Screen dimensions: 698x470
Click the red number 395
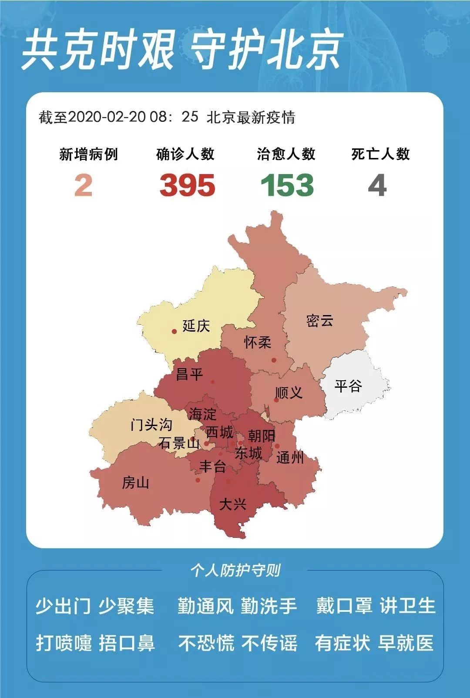(x=187, y=185)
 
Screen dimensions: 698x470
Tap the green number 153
(x=287, y=185)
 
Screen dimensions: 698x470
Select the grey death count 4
(x=377, y=185)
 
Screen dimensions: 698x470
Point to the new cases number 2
(x=83, y=185)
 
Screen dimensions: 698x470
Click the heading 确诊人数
(x=185, y=154)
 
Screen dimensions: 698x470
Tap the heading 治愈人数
(x=286, y=154)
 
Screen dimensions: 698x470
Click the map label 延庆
(x=196, y=326)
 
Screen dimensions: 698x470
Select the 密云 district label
(x=320, y=321)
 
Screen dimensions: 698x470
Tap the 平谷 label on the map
(x=348, y=386)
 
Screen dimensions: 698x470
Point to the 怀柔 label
(x=258, y=342)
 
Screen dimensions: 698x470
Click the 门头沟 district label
(x=151, y=424)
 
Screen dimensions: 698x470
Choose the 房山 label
(x=135, y=483)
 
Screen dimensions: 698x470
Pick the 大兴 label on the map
(x=233, y=504)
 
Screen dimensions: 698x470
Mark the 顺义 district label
(x=289, y=393)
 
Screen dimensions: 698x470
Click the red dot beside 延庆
(x=174, y=332)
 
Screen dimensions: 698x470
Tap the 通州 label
(x=290, y=457)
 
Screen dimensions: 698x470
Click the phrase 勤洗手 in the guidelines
(x=269, y=606)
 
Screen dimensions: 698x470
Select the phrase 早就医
(x=406, y=643)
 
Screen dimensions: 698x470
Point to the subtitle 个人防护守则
(x=235, y=570)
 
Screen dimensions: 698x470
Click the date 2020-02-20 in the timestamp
(x=107, y=117)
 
